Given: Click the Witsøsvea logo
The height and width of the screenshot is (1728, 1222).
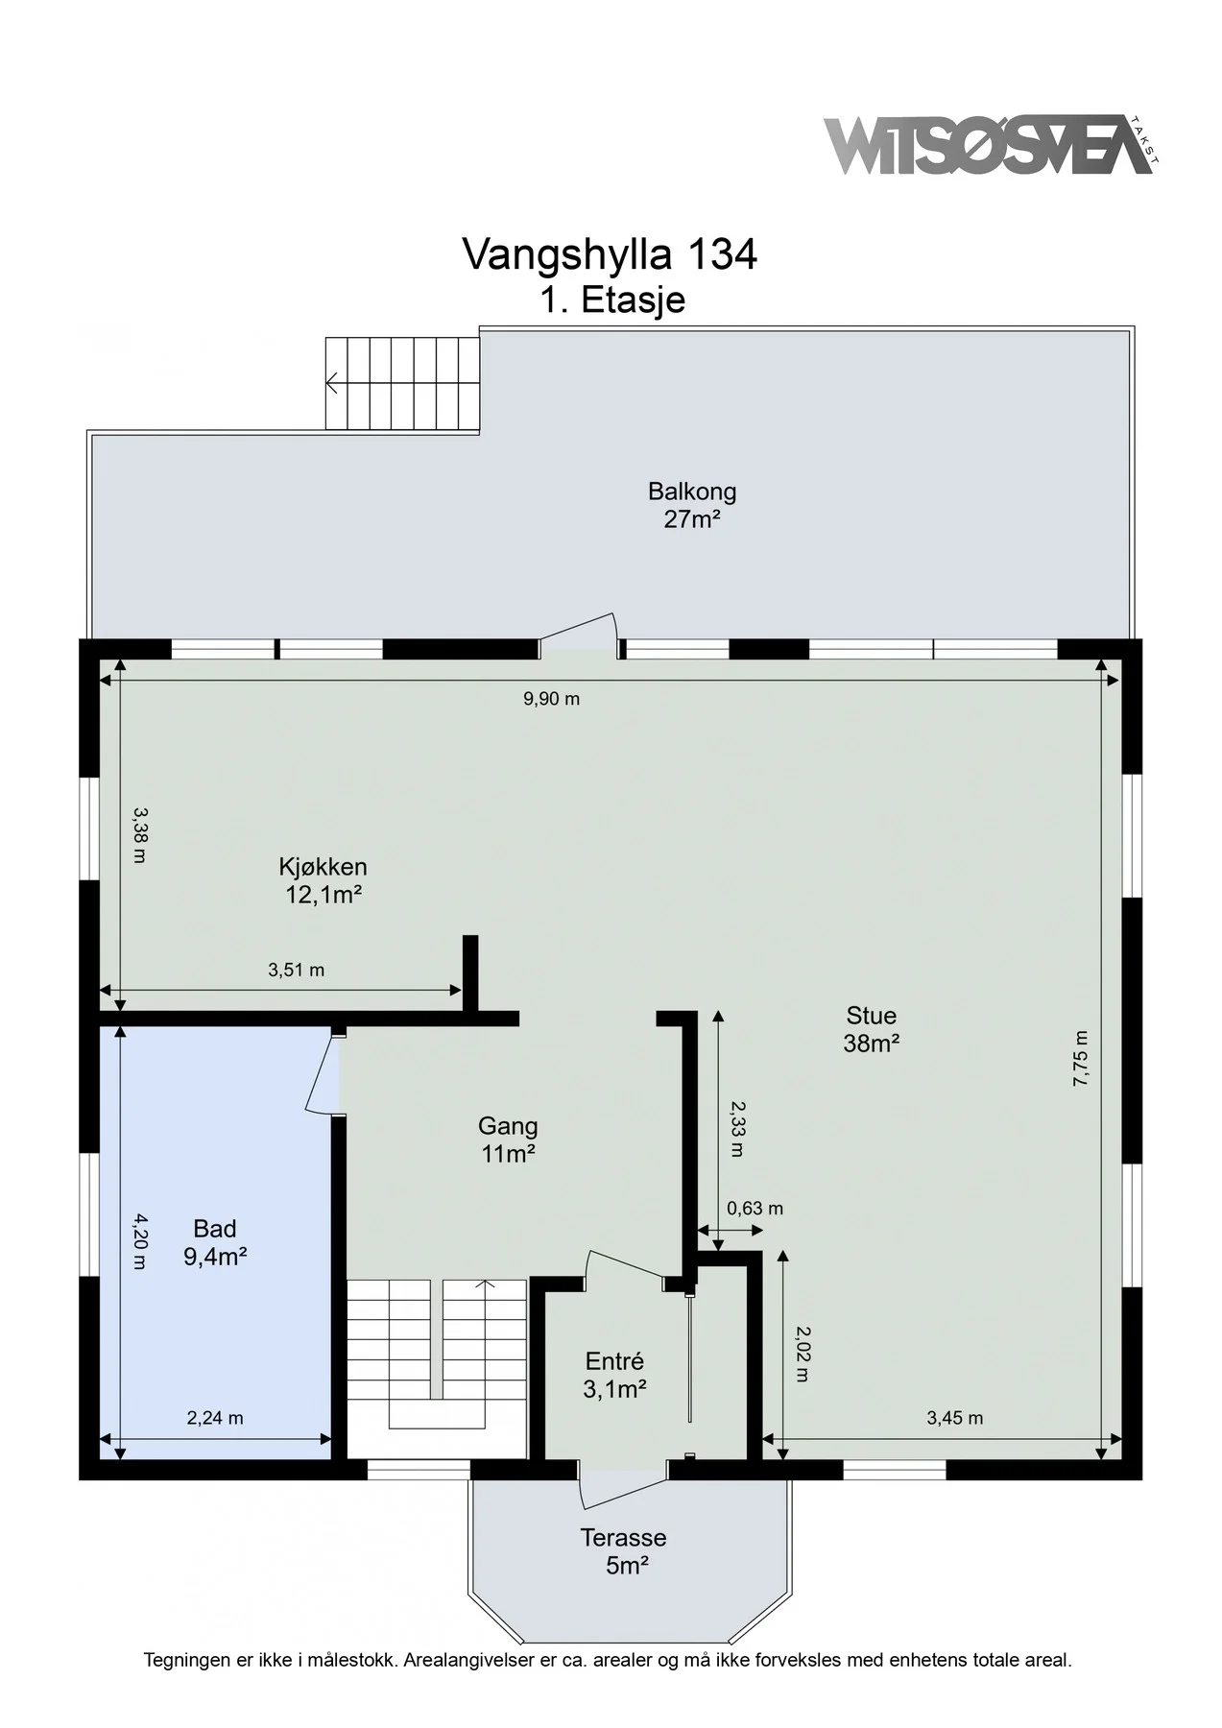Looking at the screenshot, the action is click(x=992, y=145).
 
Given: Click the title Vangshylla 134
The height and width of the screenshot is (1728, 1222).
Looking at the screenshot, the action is click(x=610, y=254).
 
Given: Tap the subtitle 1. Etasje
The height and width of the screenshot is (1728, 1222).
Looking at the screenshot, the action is click(x=612, y=300).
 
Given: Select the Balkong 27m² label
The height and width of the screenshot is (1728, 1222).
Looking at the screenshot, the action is click(x=692, y=506).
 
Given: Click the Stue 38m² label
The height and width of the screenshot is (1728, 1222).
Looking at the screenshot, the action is click(x=871, y=1029).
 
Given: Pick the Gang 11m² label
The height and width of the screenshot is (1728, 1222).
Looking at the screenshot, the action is click(x=508, y=1140).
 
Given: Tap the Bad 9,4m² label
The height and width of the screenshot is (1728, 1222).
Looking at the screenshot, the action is click(x=215, y=1242).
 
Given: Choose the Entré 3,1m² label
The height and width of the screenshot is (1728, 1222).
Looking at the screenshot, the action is click(x=614, y=1375).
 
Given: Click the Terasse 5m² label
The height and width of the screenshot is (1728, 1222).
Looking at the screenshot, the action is click(x=623, y=1551).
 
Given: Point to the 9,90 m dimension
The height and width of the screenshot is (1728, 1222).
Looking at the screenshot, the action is click(x=551, y=699).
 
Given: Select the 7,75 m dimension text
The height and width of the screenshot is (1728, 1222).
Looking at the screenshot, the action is click(x=1081, y=1058).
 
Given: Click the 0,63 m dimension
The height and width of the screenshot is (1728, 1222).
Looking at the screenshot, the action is click(x=755, y=1209).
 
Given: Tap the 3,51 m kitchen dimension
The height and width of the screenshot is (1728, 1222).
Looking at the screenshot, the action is click(x=296, y=971).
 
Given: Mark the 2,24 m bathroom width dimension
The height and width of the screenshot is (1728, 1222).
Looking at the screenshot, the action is click(x=215, y=1418).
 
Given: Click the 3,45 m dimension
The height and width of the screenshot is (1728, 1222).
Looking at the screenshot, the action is click(x=954, y=1418).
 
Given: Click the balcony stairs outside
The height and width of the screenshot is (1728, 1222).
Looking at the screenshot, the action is click(x=401, y=384).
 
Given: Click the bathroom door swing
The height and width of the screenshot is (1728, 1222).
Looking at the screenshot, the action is click(x=323, y=1072).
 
